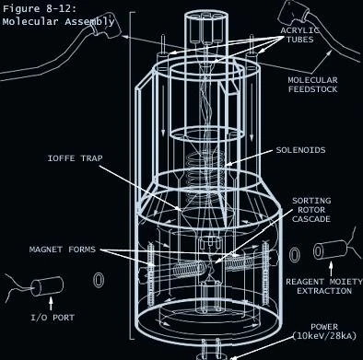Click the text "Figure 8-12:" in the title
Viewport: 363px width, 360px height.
pos(39,8)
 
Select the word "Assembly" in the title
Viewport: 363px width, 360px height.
pos(89,21)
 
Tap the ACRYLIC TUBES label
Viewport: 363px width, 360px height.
pos(299,35)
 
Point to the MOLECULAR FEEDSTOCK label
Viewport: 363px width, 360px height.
pos(312,85)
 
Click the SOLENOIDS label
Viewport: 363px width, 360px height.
pos(300,150)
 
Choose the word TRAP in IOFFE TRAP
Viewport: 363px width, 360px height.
pos(91,158)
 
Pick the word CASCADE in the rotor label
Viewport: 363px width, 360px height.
pos(311,219)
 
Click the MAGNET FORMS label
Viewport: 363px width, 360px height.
pos(63,250)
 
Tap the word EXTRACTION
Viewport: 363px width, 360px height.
pos(324,291)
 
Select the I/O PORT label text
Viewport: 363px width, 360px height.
pos(53,318)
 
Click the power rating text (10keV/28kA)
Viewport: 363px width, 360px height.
pos(324,336)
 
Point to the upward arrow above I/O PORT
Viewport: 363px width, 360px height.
pos(51,304)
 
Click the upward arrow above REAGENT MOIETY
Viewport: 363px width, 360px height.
pos(331,269)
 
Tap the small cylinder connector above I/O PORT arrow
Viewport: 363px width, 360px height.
pos(47,286)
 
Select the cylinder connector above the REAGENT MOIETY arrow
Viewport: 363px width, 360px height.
pos(330,250)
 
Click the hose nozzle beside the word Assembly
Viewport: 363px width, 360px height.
pos(106,26)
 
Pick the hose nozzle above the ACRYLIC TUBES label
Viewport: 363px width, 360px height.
pos(293,13)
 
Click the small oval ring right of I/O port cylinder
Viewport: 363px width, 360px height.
pos(99,280)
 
